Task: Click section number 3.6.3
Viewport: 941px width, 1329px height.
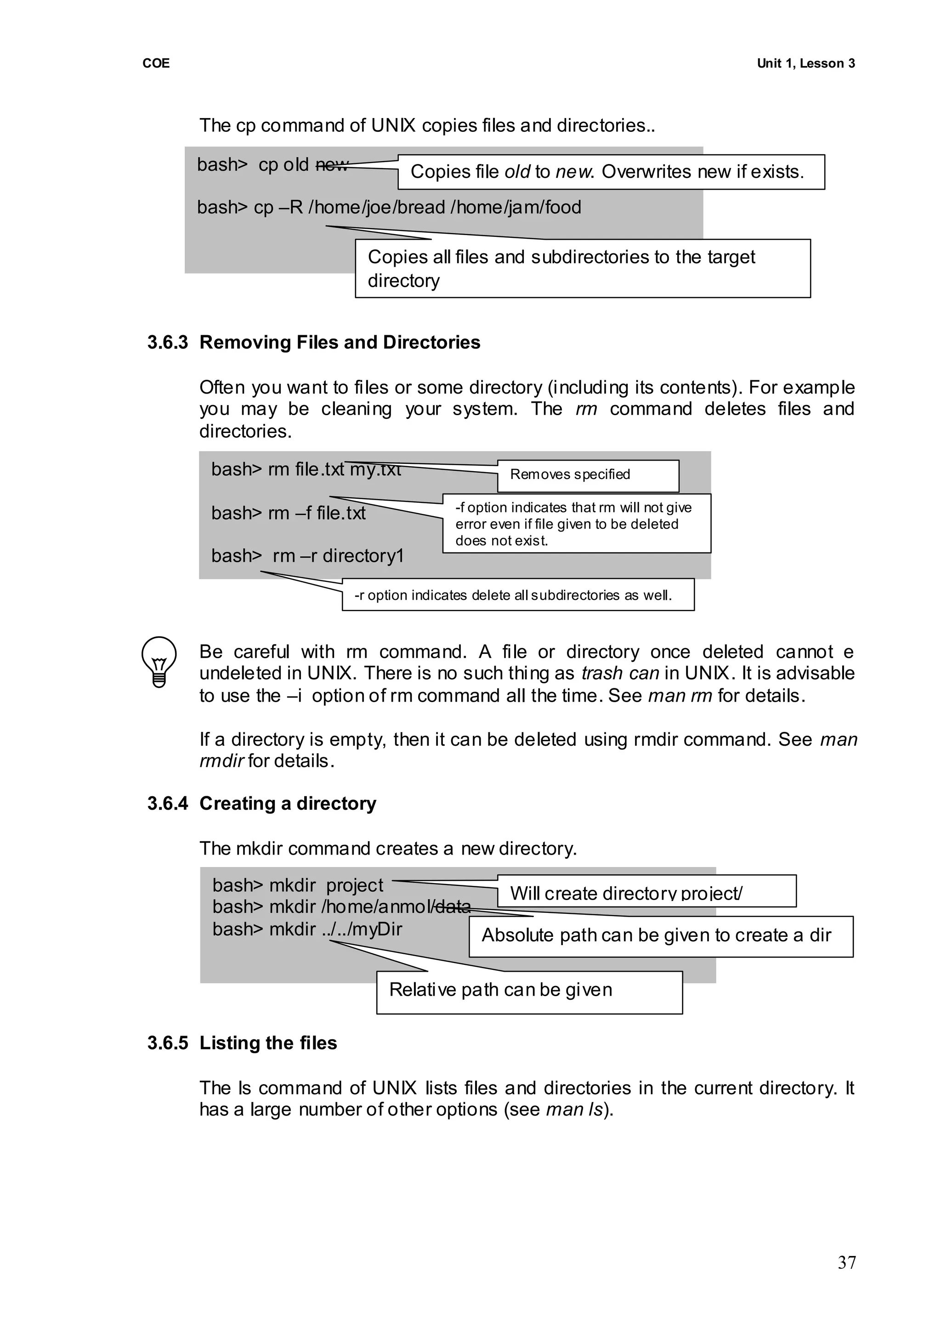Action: pyautogui.click(x=167, y=342)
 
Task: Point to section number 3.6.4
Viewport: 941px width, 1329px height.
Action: pyautogui.click(x=167, y=803)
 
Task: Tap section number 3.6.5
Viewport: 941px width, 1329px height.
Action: pyautogui.click(x=167, y=1042)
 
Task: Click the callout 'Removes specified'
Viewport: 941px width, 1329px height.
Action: pyautogui.click(x=588, y=475)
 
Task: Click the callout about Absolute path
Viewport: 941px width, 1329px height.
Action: pyautogui.click(x=661, y=935)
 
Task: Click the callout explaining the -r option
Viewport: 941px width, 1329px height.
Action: pyautogui.click(x=517, y=595)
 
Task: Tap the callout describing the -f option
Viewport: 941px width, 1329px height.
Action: pyautogui.click(x=576, y=524)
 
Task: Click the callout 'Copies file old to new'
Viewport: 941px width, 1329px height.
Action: pyautogui.click(x=611, y=172)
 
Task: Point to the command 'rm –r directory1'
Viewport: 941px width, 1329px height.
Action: pyautogui.click(x=338, y=556)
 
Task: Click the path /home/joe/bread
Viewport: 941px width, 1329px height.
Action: pyautogui.click(x=377, y=207)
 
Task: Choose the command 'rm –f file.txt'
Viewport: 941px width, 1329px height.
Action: pyautogui.click(x=317, y=513)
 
